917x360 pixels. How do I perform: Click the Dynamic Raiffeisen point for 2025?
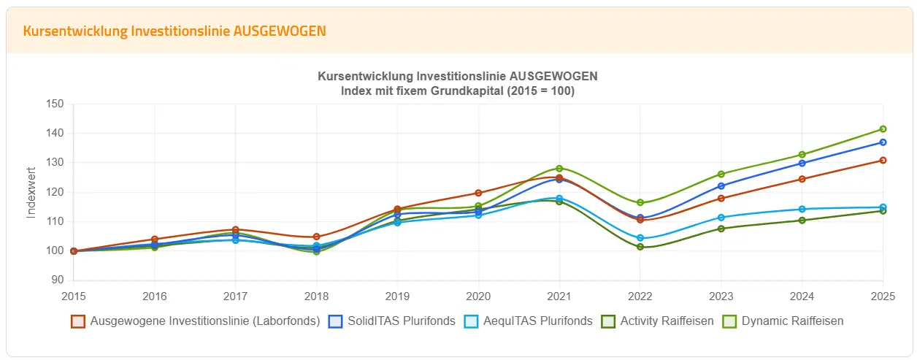tap(883, 129)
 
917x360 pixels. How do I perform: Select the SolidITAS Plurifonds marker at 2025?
tap(883, 142)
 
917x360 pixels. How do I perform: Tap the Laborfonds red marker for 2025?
tap(883, 161)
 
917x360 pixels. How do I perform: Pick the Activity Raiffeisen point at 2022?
tap(640, 247)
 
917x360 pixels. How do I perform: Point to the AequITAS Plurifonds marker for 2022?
tap(640, 238)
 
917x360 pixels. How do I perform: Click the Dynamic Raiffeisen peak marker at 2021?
tap(559, 169)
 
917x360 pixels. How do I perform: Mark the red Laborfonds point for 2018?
tap(316, 237)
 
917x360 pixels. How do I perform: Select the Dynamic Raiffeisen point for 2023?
tap(721, 174)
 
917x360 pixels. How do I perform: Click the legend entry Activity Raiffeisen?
tap(667, 321)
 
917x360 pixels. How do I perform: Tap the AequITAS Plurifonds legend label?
tap(539, 321)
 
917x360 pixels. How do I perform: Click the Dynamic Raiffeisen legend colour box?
tap(730, 321)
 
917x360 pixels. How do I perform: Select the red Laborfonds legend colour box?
tap(78, 321)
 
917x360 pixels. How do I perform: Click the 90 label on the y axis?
tap(58, 280)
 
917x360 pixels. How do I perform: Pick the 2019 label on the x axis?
tap(397, 296)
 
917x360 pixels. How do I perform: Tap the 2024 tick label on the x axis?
tap(802, 296)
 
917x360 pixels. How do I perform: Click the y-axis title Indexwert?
tap(31, 193)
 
